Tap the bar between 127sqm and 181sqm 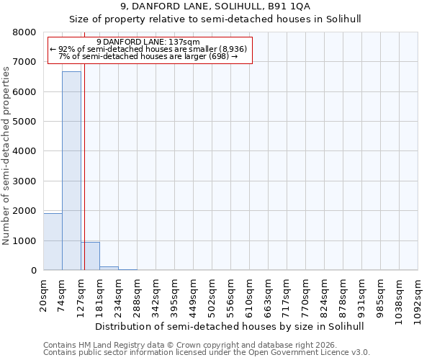pos(90,256)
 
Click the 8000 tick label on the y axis pos(24,32)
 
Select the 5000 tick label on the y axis pos(24,122)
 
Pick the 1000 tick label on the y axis pos(24,240)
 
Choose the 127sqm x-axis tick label pos(81,295)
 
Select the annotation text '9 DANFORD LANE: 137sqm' pos(153,42)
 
